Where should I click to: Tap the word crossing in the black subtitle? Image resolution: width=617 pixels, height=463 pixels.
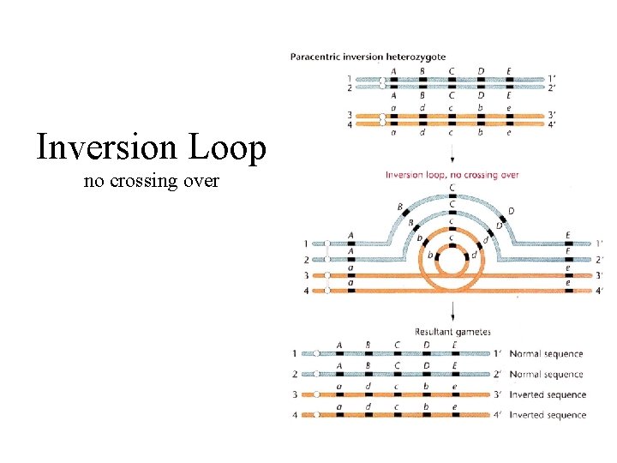(152, 182)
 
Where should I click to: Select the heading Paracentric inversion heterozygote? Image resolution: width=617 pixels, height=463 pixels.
(368, 57)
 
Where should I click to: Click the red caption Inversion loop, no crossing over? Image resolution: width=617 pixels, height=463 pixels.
(452, 175)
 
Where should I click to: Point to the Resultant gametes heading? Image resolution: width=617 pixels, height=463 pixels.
(452, 332)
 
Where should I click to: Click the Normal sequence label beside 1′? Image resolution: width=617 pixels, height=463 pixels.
(546, 354)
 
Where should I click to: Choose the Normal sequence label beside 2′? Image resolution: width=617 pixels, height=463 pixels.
(546, 375)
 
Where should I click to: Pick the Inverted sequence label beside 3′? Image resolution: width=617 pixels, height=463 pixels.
(548, 395)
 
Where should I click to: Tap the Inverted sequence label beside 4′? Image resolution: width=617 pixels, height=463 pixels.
(548, 415)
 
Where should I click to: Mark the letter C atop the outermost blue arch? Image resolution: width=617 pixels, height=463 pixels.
(452, 187)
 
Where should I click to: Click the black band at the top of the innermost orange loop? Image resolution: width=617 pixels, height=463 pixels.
(452, 245)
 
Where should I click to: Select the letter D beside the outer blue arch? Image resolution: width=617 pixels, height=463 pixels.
(512, 211)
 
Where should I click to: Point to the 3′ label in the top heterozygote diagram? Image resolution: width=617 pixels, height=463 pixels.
(552, 114)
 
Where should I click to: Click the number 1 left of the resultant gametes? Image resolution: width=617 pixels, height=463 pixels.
(294, 353)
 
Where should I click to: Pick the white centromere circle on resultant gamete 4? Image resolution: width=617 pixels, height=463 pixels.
(316, 415)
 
